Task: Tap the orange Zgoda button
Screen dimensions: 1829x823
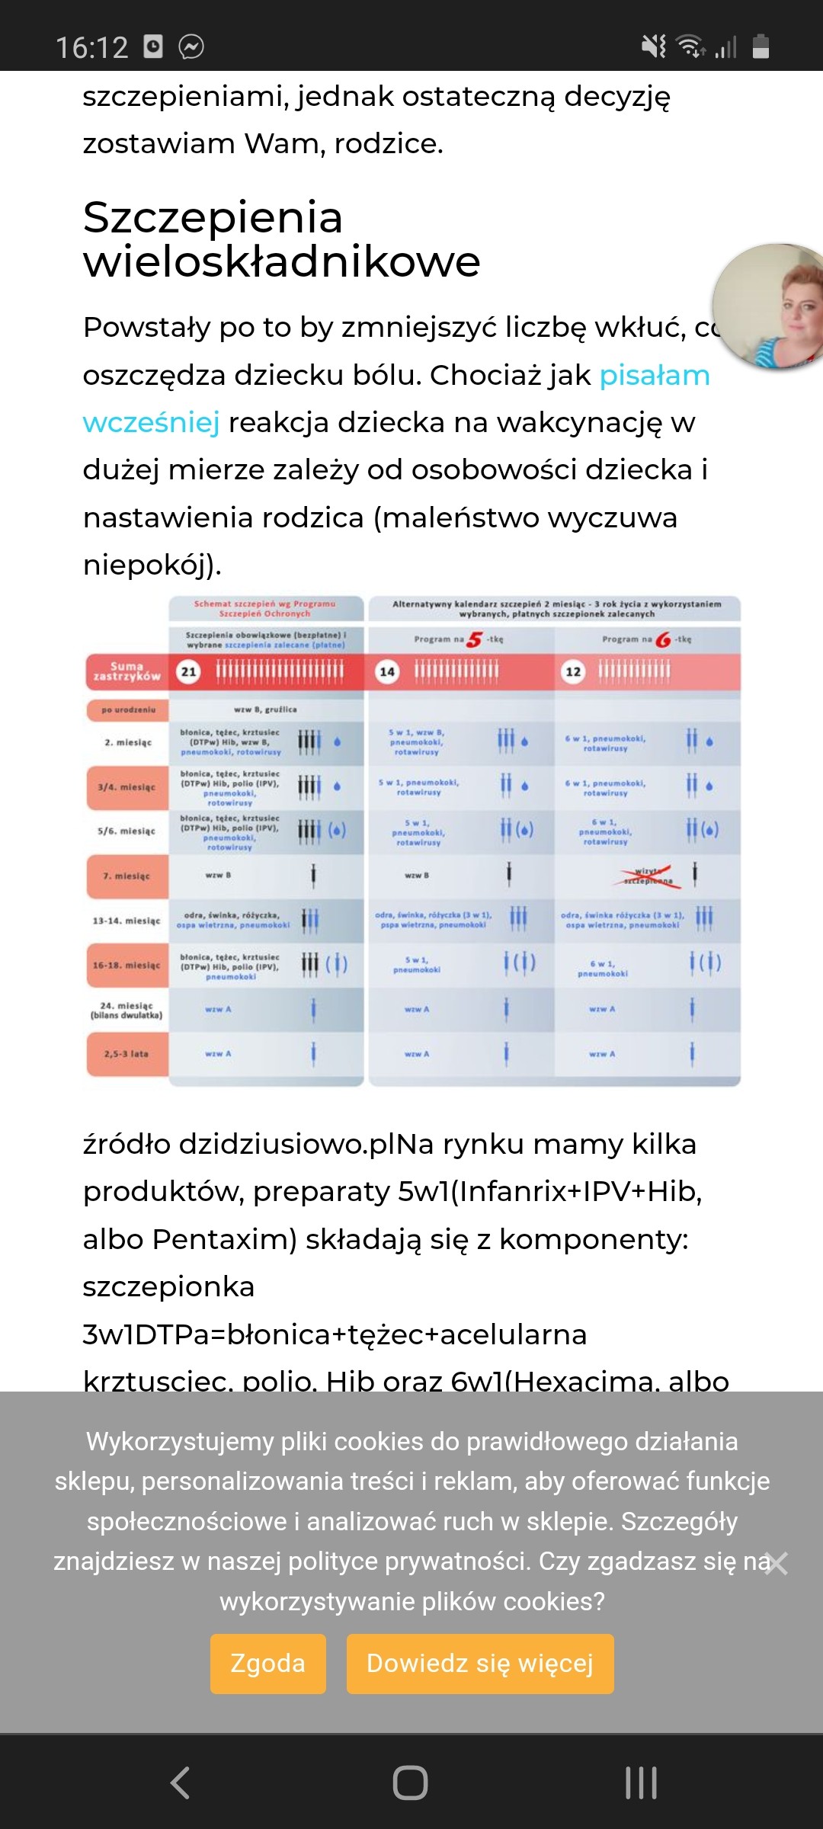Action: (267, 1664)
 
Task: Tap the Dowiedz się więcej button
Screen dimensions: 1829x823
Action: (480, 1664)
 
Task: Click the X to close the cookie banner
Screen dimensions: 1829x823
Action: (777, 1563)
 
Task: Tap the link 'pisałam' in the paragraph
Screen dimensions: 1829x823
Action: (655, 376)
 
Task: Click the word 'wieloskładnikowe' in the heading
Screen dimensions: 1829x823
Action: (281, 262)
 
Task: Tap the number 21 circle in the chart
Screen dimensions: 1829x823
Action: (188, 671)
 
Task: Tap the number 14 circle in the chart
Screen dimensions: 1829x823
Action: (387, 671)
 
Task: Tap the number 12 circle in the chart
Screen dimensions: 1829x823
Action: (573, 671)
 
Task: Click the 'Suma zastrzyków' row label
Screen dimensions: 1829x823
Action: (127, 671)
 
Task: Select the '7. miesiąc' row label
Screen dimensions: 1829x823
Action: (127, 876)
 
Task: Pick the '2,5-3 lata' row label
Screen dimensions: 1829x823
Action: (127, 1054)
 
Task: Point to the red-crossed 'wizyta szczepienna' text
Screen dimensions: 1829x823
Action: (646, 876)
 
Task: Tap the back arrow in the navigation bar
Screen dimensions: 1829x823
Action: (180, 1783)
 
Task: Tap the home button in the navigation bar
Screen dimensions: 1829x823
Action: (410, 1783)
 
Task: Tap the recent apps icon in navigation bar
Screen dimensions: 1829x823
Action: (641, 1783)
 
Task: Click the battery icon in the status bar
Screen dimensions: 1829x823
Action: (761, 46)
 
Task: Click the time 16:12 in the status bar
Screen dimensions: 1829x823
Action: (92, 47)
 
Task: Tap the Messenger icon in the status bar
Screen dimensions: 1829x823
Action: (191, 46)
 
